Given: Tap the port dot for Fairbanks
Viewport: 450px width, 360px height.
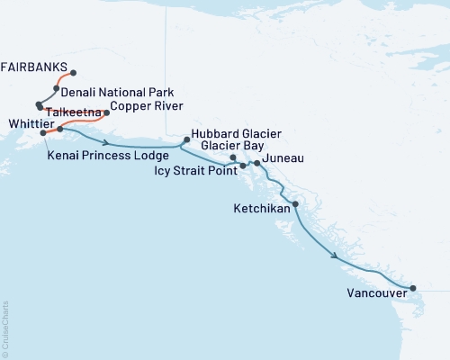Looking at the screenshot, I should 73,73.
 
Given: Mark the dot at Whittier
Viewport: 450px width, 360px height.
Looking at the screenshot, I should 42,133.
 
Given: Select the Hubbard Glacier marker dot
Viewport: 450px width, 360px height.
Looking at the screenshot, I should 186,139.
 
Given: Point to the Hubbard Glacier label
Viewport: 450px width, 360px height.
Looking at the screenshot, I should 232,130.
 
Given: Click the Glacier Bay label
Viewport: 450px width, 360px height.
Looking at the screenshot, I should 232,144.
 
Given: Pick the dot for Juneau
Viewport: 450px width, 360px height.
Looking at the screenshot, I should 257,163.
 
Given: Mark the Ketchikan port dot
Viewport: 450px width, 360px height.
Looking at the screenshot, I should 296,204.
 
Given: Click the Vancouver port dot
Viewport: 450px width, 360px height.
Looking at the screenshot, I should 413,289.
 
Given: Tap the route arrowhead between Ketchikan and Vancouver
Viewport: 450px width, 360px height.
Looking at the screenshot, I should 336,256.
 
